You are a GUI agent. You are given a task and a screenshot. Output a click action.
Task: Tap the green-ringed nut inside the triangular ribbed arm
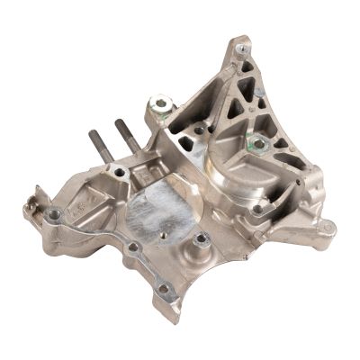[x=257, y=144]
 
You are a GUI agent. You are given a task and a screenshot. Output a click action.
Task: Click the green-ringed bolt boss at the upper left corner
[x=162, y=105]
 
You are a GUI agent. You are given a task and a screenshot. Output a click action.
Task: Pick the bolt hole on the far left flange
[x=56, y=214]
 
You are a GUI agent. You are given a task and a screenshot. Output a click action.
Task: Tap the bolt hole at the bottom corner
[x=163, y=290]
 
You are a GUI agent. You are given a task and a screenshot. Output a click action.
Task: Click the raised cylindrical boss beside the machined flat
[x=202, y=240]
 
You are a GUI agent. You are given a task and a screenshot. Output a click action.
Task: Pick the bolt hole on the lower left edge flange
[x=133, y=248]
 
